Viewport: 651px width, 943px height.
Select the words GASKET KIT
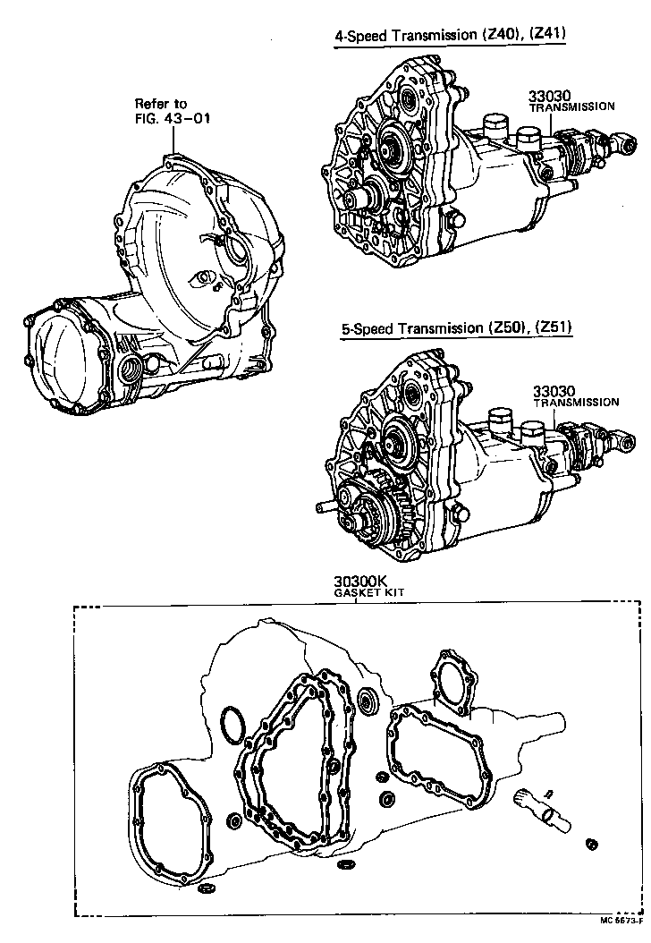point(364,593)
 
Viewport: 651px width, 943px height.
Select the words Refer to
point(161,104)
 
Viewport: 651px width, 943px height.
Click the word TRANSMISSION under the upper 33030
point(571,106)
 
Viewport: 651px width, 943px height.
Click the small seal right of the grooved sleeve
point(591,844)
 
